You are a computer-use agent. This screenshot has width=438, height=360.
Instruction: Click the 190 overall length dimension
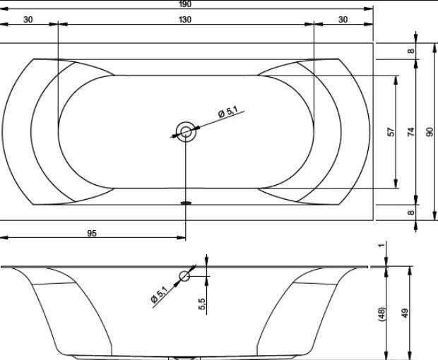pyautogui.click(x=185, y=4)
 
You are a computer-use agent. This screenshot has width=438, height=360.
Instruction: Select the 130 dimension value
pyautogui.click(x=185, y=20)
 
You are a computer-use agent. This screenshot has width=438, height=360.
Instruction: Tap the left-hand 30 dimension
pyautogui.click(x=28, y=20)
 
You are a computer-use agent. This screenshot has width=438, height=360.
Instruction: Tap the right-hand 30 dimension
pyautogui.click(x=343, y=20)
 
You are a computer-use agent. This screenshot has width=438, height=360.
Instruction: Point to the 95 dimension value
pyautogui.click(x=92, y=233)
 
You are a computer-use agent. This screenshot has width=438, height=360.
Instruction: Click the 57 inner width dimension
pyautogui.click(x=392, y=132)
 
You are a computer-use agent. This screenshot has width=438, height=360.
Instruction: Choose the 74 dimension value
pyautogui.click(x=411, y=132)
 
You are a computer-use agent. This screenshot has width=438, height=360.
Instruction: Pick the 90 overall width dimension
pyautogui.click(x=430, y=132)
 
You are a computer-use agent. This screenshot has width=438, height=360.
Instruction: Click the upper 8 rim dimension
pyautogui.click(x=411, y=51)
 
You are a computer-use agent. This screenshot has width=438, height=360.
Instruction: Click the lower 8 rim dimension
pyautogui.click(x=411, y=212)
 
